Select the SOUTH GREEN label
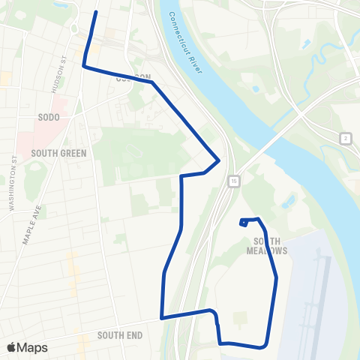coord(58,152)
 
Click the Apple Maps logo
coord(27,347)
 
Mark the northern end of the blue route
coord(95,13)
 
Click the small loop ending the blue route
coord(244,222)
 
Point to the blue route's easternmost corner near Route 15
coord(218,159)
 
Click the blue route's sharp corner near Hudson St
coord(82,67)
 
